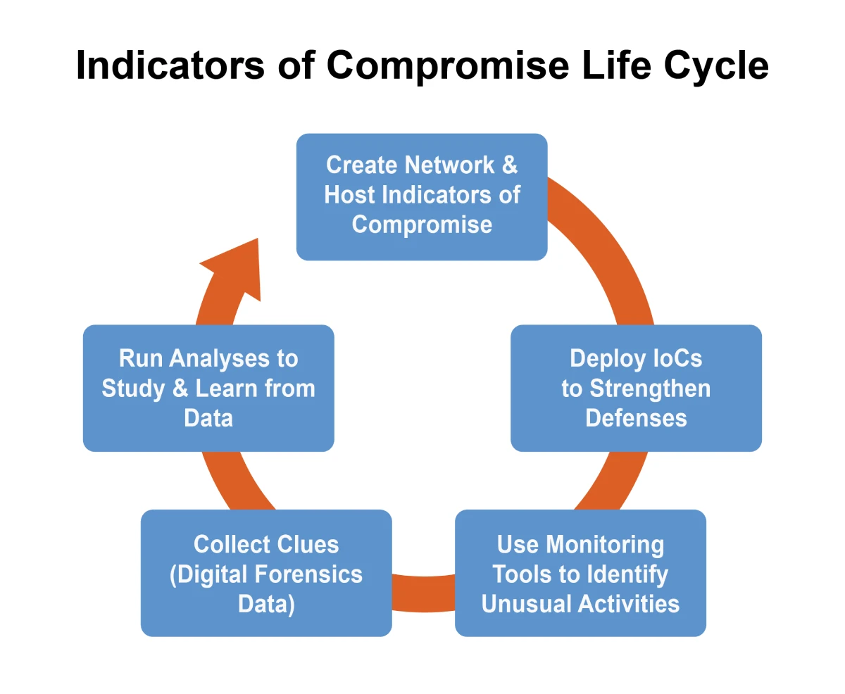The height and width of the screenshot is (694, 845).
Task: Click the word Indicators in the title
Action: (170, 65)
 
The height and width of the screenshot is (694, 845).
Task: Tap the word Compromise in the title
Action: (448, 66)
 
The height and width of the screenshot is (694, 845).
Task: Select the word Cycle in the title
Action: (716, 66)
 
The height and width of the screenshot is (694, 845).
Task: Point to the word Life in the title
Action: (616, 65)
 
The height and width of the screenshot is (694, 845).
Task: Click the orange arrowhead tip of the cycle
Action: (257, 239)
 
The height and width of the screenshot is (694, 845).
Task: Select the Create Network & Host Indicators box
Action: (422, 197)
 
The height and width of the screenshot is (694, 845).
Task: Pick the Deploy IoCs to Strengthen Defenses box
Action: (636, 388)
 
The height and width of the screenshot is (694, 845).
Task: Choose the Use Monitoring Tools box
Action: (580, 573)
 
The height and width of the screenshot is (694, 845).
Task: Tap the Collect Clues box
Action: (266, 573)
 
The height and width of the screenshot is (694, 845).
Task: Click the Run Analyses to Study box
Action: (208, 388)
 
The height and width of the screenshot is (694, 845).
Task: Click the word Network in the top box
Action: (450, 165)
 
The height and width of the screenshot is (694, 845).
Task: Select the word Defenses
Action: (637, 418)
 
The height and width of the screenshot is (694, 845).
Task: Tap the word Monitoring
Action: (605, 545)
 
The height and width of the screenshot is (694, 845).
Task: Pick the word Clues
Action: (307, 544)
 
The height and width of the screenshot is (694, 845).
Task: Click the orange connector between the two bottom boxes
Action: (423, 593)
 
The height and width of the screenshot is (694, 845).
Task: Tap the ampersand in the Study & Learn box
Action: (180, 389)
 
